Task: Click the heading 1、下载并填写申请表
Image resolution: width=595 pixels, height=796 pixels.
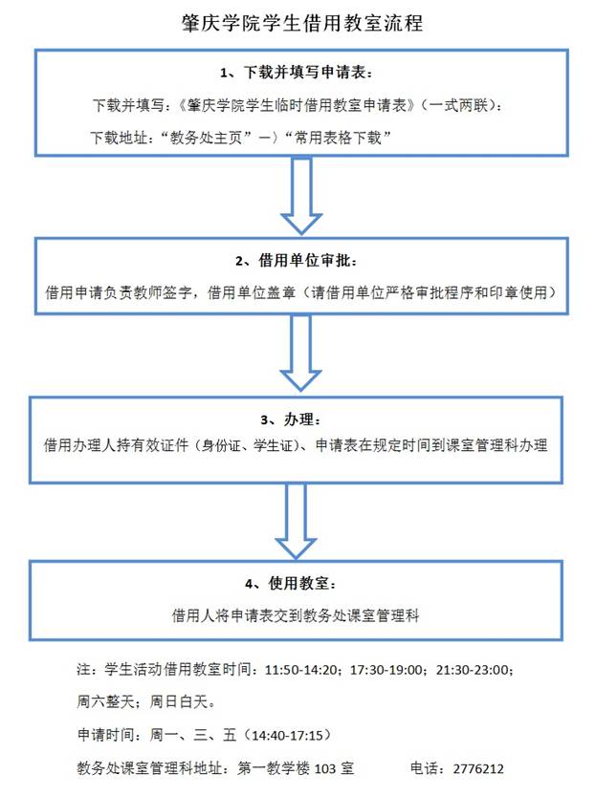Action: [301, 74]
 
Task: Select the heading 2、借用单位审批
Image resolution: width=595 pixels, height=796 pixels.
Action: [301, 260]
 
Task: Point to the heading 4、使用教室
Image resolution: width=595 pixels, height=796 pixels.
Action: [301, 582]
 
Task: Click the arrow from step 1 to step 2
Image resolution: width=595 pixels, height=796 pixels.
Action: [301, 196]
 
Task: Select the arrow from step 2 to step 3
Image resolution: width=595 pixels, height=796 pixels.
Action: [301, 352]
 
